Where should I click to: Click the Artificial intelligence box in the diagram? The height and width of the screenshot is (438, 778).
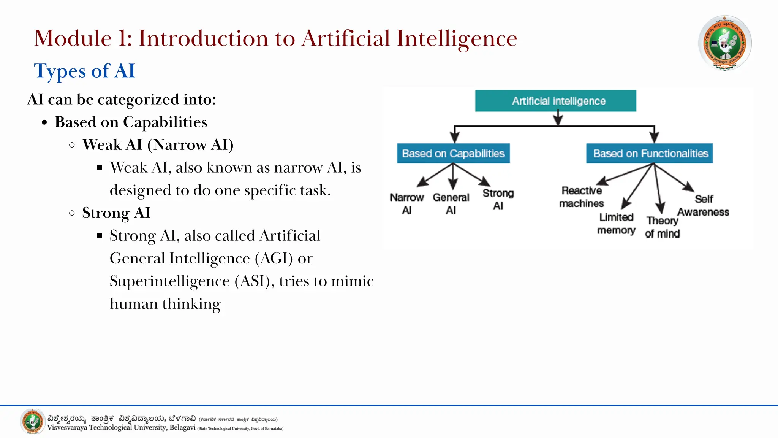click(555, 101)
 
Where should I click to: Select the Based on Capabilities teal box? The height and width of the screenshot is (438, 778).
click(453, 153)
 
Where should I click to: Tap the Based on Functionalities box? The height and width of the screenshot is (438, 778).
click(650, 153)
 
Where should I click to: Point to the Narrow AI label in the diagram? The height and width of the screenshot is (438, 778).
click(406, 203)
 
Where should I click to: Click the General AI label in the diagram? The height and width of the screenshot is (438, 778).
click(451, 203)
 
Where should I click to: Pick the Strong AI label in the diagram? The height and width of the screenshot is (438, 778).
click(498, 199)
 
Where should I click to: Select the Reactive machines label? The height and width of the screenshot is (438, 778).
click(581, 197)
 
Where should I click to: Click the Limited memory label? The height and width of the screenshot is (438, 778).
click(616, 224)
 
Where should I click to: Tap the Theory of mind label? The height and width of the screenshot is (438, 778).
click(662, 227)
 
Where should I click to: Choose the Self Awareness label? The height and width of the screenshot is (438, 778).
click(703, 205)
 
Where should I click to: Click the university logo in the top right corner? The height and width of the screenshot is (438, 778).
click(724, 43)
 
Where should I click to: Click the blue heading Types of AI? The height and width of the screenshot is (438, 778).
click(84, 71)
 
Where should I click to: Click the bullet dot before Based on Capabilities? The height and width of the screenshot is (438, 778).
click(45, 123)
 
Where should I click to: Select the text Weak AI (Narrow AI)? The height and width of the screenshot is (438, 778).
click(158, 145)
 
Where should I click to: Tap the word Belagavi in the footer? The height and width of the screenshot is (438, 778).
click(182, 428)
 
